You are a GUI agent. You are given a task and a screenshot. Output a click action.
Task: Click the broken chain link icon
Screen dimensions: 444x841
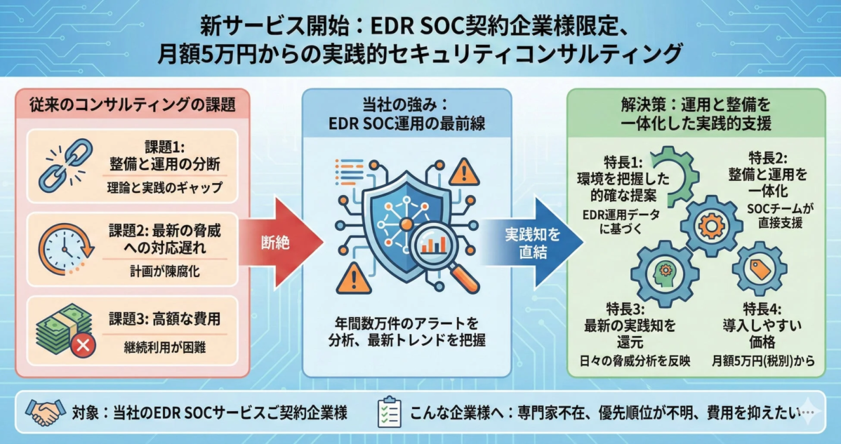pyautogui.click(x=62, y=168)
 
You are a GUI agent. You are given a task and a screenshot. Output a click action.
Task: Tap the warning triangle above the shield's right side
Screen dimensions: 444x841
pyautogui.click(x=464, y=170)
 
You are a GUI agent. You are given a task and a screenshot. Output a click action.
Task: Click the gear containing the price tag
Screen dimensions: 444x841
pyautogui.click(x=759, y=266)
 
